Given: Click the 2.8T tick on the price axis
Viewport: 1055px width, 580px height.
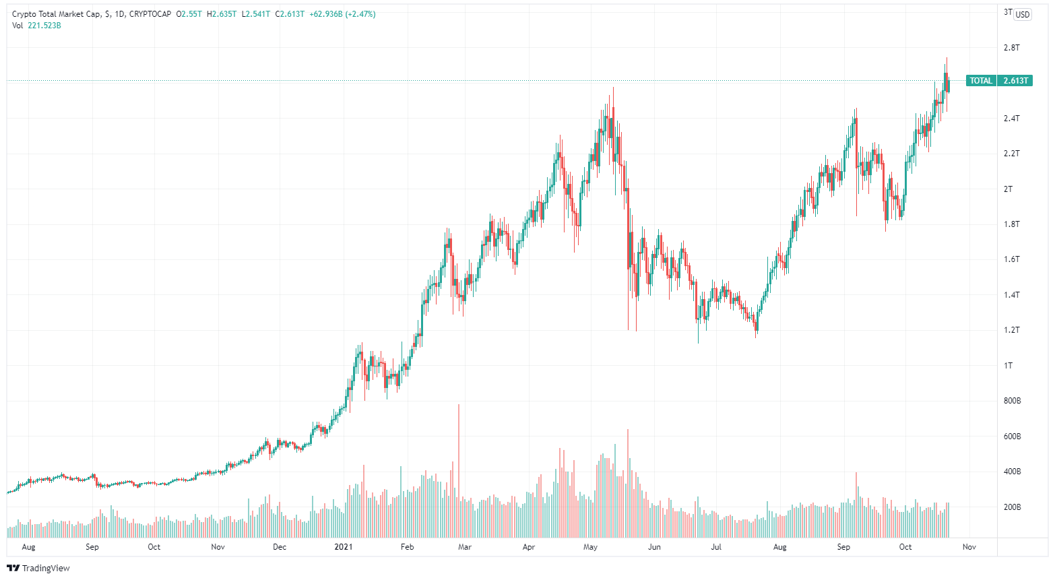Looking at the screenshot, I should (x=1011, y=48).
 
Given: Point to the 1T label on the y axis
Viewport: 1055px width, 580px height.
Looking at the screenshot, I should (x=1008, y=366).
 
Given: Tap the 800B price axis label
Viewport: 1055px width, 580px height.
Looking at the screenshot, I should (x=1012, y=401).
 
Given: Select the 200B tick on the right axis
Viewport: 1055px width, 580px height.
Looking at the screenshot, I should (x=1012, y=507).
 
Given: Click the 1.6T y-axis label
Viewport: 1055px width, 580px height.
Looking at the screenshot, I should (x=1011, y=259).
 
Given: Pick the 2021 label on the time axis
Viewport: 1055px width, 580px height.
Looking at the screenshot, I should (x=344, y=547).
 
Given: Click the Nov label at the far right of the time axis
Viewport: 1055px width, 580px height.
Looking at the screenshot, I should (x=969, y=547).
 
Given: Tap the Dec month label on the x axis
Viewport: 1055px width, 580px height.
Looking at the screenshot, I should (x=280, y=547).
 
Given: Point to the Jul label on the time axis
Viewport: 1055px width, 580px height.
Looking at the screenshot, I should (x=716, y=547).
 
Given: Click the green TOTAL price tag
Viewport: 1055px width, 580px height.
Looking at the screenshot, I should (x=981, y=81).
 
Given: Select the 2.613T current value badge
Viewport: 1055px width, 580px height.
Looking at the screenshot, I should (x=1015, y=81).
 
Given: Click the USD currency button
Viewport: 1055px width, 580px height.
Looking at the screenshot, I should (x=1023, y=15).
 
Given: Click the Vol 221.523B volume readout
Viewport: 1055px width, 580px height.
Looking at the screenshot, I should (x=37, y=26).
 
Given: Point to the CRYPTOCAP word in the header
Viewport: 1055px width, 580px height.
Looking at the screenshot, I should (x=150, y=14).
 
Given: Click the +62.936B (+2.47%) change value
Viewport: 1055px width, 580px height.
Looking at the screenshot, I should (x=342, y=14).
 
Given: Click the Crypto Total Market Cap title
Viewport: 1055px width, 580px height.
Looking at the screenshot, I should (x=57, y=14).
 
